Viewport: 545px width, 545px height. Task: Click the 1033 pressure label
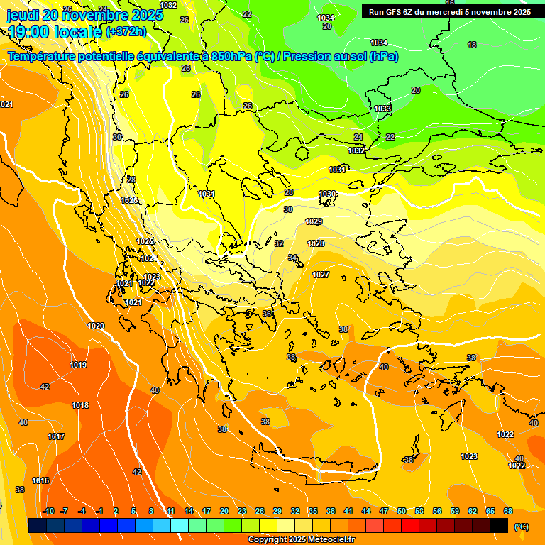tap(382, 109)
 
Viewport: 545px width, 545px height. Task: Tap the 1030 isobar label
tap(327, 194)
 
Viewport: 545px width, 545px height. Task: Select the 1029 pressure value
tap(314, 222)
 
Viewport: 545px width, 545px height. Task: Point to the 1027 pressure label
tap(321, 275)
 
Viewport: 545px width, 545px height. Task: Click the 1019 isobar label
tap(78, 365)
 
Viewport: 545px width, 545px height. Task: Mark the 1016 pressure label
tap(40, 480)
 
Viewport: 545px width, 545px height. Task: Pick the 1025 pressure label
tap(145, 242)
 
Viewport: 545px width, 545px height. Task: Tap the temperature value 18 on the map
tap(472, 45)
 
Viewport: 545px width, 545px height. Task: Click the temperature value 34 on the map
tap(292, 258)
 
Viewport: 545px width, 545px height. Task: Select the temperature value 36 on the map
tap(267, 314)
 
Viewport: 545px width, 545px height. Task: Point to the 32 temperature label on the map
tap(279, 243)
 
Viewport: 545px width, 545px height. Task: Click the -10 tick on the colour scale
tap(48, 511)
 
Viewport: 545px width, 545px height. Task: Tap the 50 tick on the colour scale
tap(402, 511)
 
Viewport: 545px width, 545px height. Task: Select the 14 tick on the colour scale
tap(189, 511)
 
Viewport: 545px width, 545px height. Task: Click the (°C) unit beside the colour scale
tap(521, 526)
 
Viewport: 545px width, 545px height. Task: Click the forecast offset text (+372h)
tap(126, 31)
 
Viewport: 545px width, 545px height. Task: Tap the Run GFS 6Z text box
tap(450, 11)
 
